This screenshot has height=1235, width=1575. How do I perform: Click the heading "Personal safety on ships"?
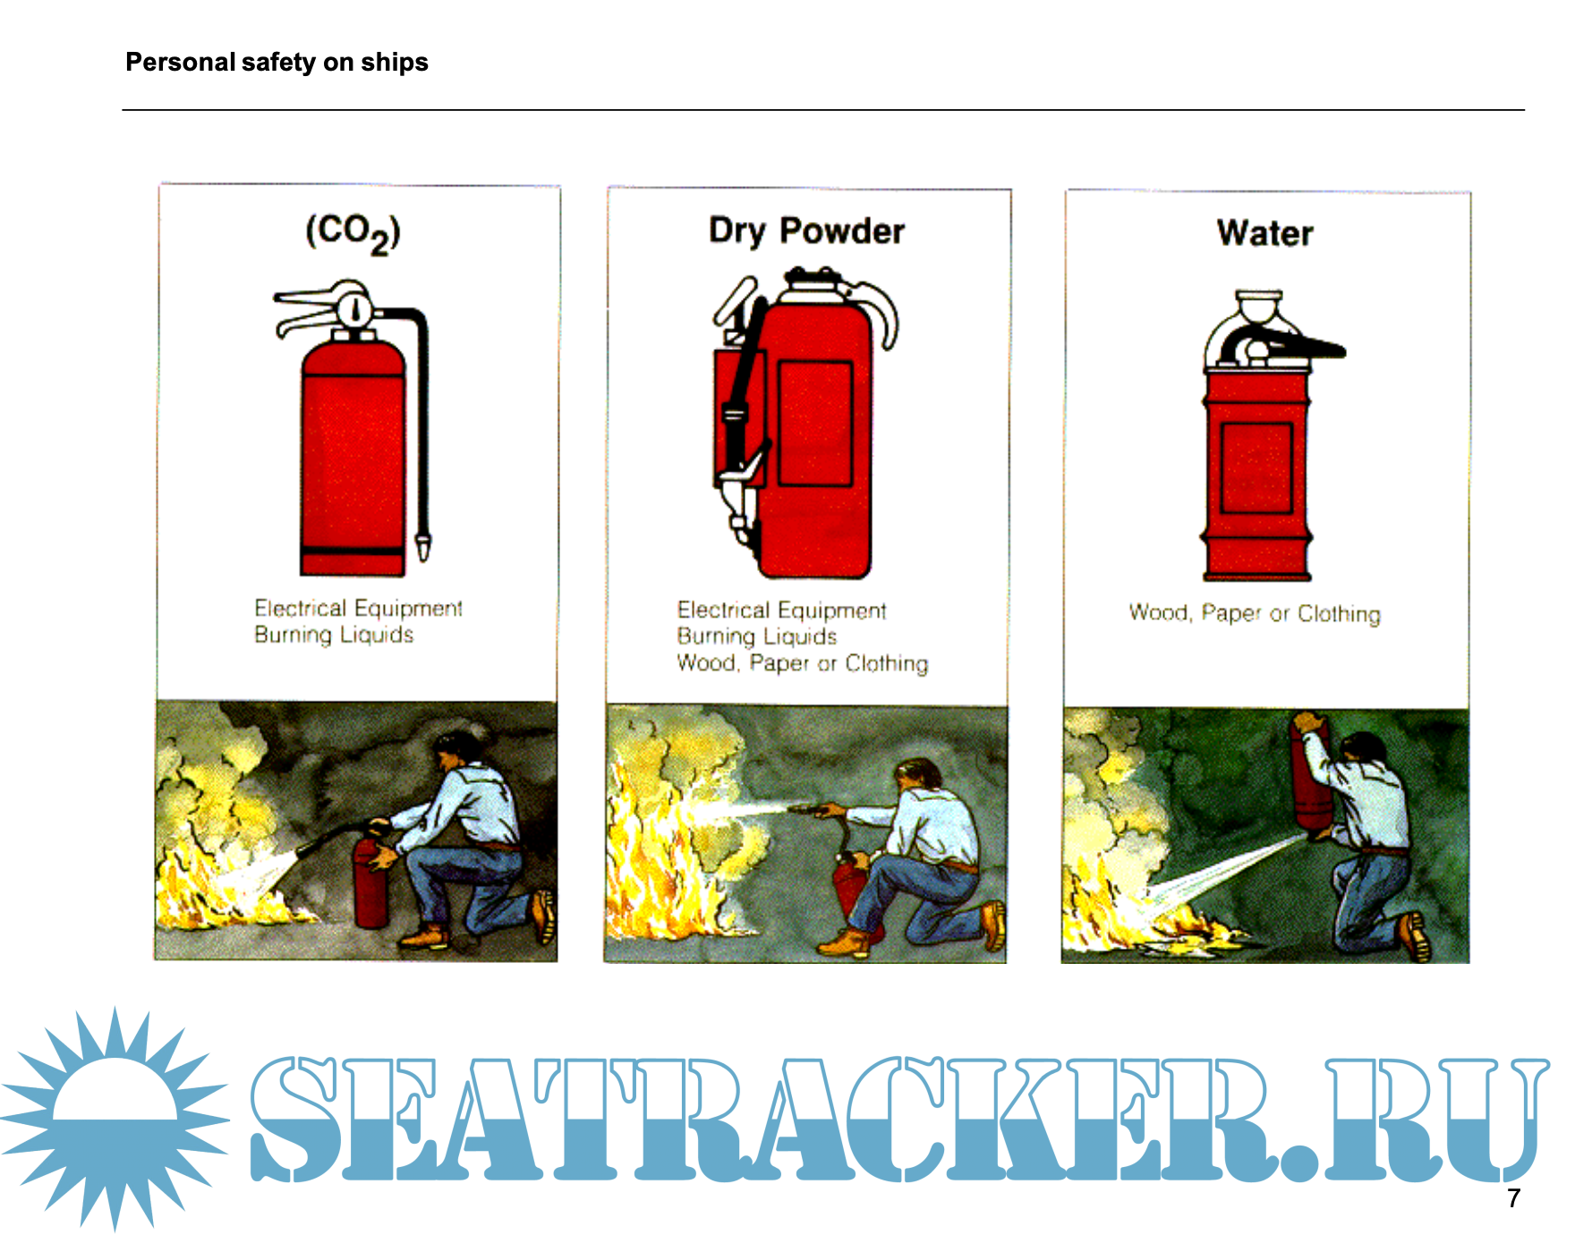point(277,63)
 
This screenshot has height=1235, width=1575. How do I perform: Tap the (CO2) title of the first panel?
point(353,234)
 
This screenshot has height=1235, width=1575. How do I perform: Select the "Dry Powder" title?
point(806,231)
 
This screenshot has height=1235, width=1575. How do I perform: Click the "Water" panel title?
point(1264,234)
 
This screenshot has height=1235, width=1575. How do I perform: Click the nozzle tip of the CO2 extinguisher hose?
point(423,547)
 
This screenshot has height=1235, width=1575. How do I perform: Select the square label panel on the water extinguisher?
point(1256,468)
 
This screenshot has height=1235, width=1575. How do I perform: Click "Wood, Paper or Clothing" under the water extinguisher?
point(1255,614)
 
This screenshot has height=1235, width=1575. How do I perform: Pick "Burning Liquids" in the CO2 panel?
point(334,635)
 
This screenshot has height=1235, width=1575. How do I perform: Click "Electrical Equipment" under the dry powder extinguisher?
point(781,610)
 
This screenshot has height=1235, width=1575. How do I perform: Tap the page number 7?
point(1513,1198)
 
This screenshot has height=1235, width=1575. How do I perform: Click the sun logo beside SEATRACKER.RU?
point(115,1119)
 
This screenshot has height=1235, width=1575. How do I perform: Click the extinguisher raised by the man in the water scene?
point(1310,777)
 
